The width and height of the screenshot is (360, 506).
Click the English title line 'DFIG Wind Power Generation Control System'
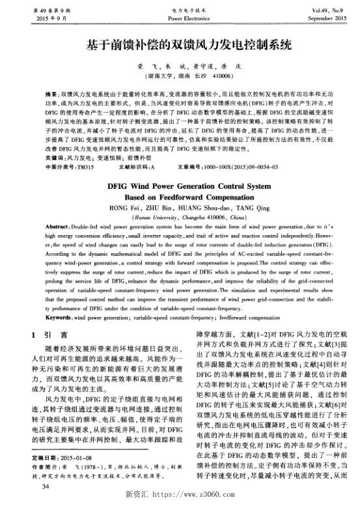(180, 167)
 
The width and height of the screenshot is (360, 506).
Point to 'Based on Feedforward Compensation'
(180, 178)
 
